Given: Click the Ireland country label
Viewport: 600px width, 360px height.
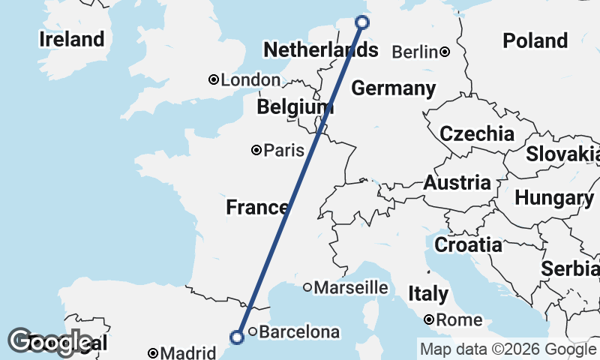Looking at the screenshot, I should click(72, 39).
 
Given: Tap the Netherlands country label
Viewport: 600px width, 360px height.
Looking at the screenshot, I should click(320, 51).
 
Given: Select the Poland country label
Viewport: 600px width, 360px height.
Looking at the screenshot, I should click(535, 40).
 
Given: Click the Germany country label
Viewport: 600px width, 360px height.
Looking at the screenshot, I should click(393, 88).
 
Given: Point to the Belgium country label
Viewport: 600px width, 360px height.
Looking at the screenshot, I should click(295, 107).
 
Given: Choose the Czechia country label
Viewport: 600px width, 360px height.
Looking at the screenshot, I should click(477, 134).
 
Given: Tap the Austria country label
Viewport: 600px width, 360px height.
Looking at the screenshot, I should click(457, 182).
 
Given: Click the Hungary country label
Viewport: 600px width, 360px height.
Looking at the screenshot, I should click(554, 198).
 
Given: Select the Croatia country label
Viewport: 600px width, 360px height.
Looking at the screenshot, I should click(468, 244).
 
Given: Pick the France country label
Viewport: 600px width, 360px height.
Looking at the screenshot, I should click(257, 208).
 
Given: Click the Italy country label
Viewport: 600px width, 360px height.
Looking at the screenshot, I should click(427, 293).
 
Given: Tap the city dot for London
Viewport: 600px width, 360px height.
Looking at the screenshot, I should click(214, 79).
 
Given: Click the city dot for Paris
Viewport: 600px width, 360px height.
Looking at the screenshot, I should click(256, 150).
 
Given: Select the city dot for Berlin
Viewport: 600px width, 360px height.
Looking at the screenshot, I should click(445, 52).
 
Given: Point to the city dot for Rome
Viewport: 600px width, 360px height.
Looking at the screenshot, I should click(428, 319).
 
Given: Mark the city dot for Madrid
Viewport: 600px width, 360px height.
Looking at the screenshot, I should click(153, 352).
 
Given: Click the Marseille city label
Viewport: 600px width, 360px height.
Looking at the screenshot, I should click(351, 287).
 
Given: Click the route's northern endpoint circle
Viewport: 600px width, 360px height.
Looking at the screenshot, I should click(361, 22).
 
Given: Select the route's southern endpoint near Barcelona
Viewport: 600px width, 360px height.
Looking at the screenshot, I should click(237, 337).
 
